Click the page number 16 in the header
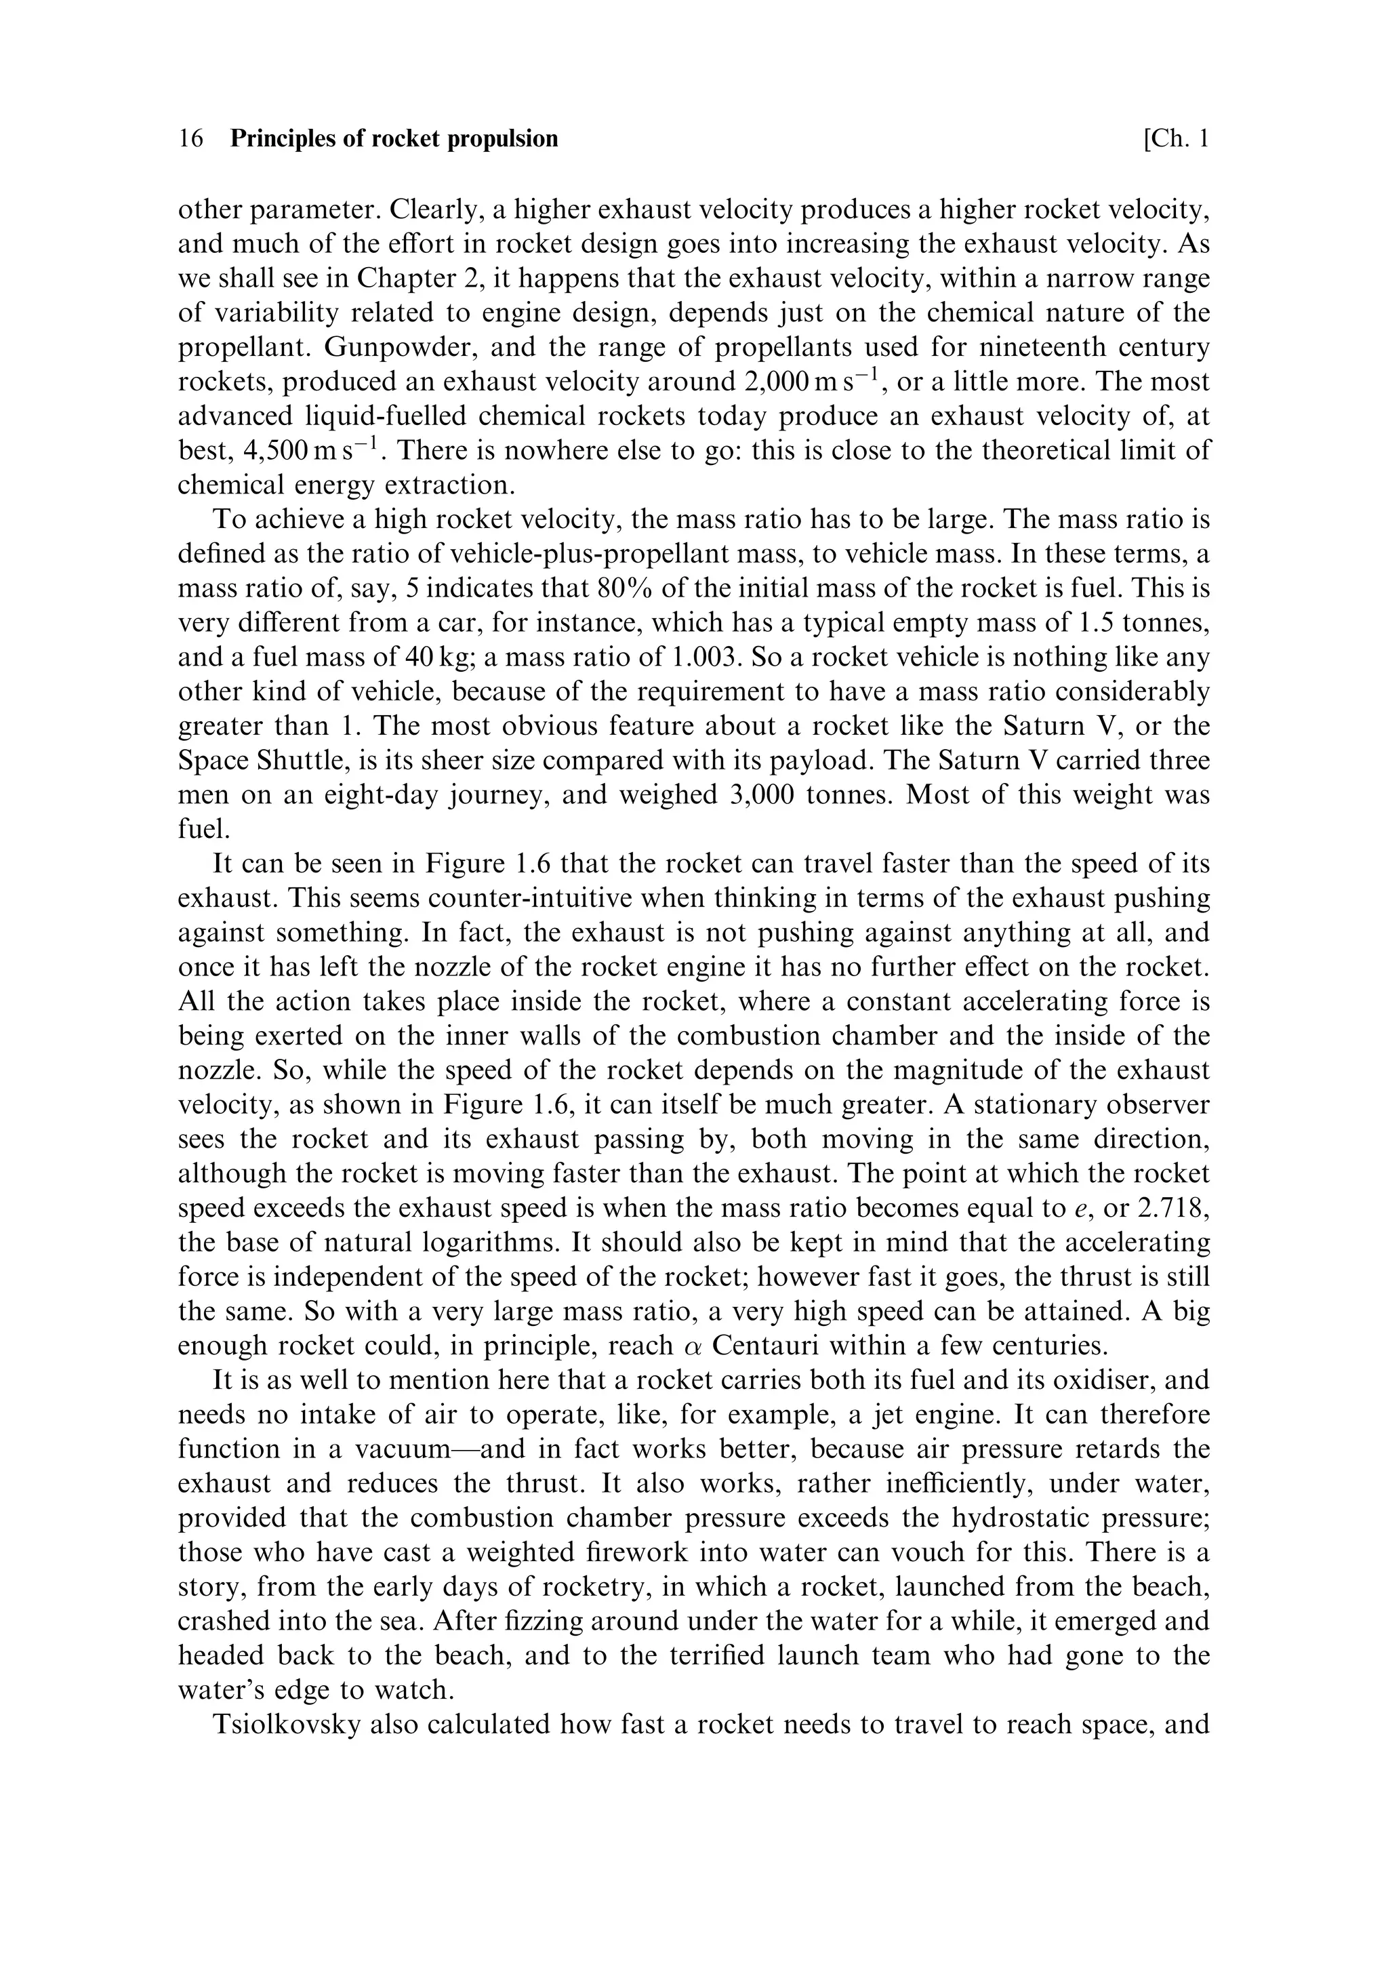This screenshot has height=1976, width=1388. (x=190, y=138)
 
